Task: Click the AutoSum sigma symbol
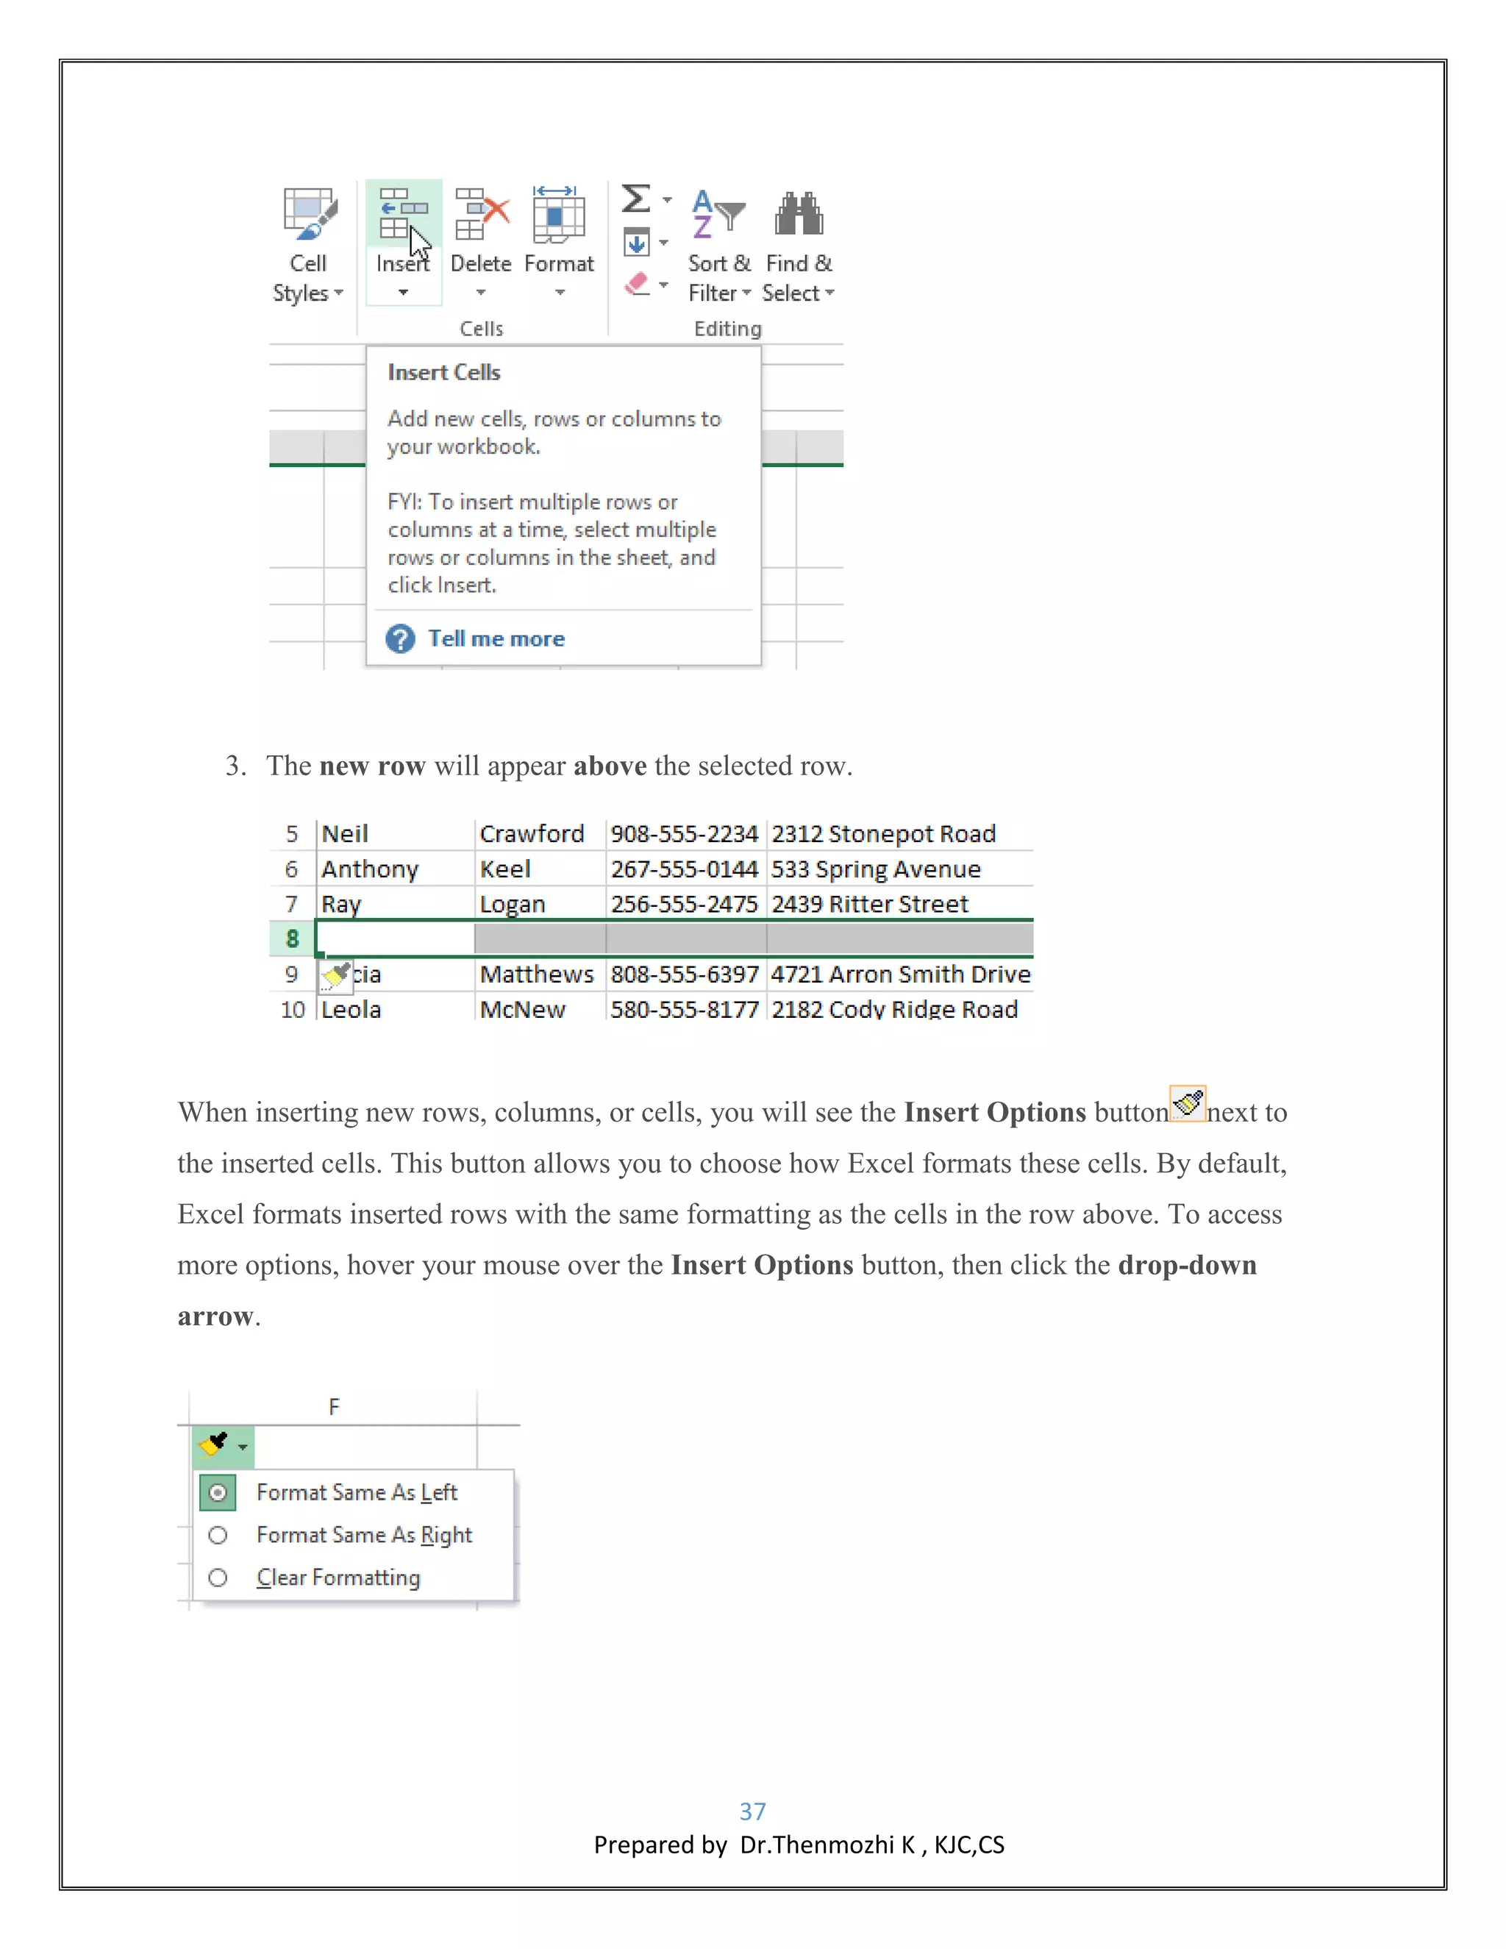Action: coord(636,198)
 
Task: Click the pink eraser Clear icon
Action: coord(637,285)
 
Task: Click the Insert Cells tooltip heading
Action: coord(444,372)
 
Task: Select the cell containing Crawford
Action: coord(532,833)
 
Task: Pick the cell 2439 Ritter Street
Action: coord(870,904)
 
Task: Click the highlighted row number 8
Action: coord(292,938)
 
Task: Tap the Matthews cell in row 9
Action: coord(536,974)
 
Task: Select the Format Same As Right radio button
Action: coord(218,1535)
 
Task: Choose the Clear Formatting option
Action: coord(338,1578)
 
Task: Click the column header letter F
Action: coord(334,1407)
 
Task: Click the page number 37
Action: coord(752,1811)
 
